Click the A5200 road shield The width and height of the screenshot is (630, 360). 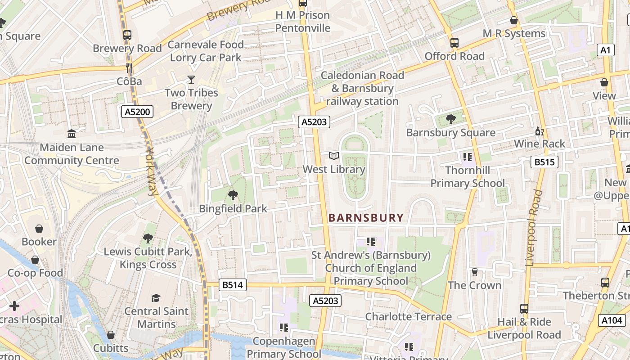pos(137,112)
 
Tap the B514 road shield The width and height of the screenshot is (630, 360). pos(233,284)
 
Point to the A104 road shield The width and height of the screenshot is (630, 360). pos(612,320)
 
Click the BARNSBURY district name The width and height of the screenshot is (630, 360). pos(366,218)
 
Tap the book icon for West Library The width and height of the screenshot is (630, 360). pos(333,156)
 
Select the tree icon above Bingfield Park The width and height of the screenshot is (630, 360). pos(233,195)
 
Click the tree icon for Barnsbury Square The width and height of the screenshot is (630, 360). pos(450,119)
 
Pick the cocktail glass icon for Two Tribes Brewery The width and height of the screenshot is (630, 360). pos(191,80)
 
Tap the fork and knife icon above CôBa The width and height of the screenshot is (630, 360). pos(129,68)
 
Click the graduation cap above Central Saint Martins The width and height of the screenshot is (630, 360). pos(156,298)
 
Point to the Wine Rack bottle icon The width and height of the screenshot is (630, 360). pos(539,131)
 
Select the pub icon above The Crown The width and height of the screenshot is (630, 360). pos(474,272)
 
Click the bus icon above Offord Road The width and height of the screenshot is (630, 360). pos(454,43)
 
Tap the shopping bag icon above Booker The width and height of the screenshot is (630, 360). pos(39,229)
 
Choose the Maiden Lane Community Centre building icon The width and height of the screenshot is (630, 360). pos(71,134)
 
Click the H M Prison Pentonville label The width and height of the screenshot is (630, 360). pos(302,22)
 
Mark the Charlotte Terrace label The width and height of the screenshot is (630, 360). pos(408,316)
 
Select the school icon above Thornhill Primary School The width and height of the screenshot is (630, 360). pos(467,157)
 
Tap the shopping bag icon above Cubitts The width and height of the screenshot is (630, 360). pos(110,335)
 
